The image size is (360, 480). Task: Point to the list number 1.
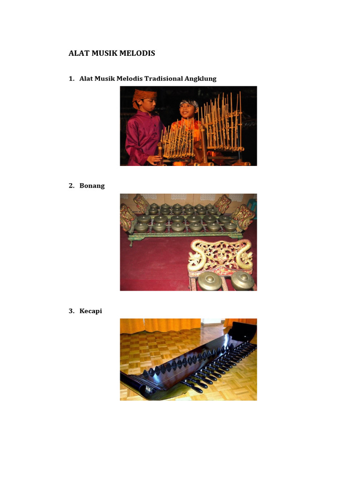(71, 79)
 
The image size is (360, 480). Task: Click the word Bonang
(92, 186)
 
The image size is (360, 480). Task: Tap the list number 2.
(71, 186)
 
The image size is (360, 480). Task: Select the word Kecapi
(91, 311)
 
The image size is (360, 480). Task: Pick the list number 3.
(71, 311)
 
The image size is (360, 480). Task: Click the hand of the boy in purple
(155, 159)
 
